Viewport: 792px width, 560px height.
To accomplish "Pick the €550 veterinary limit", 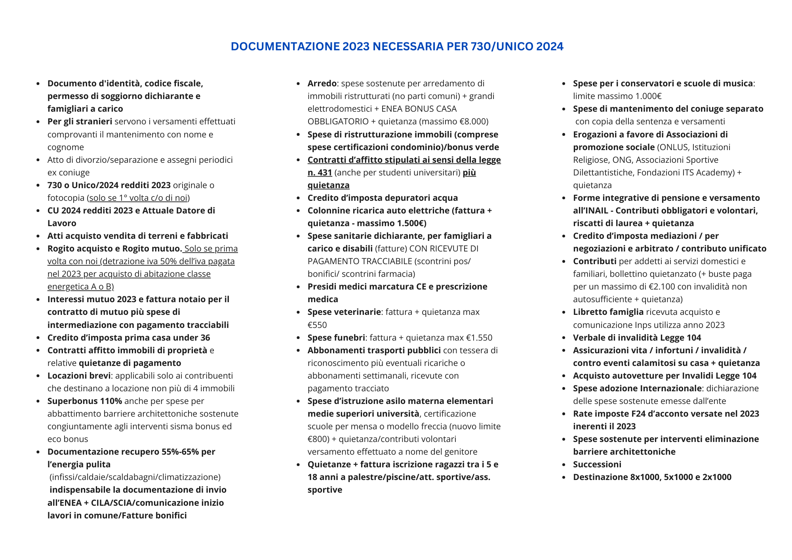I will coord(317,325).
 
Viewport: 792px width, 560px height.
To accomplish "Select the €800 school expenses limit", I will coord(318,439).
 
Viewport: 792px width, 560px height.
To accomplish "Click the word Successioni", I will coord(597,464).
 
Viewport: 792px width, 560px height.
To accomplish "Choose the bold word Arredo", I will coord(322,83).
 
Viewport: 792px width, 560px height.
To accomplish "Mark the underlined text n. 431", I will coord(320,172).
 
